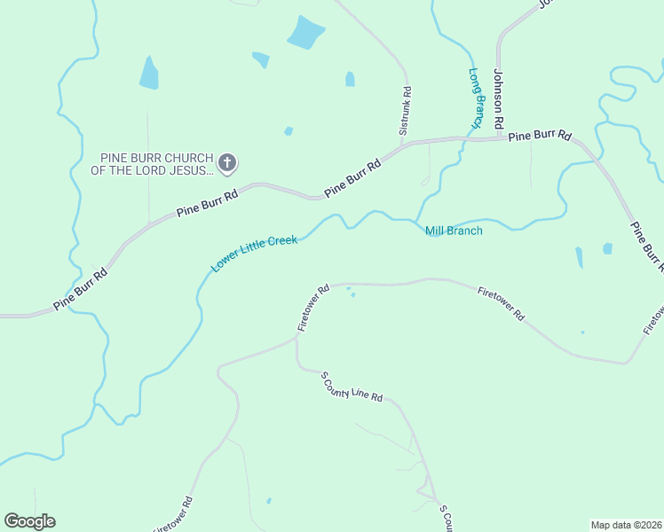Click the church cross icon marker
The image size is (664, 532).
227,162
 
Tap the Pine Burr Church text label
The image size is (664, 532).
156,163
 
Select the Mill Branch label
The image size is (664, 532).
454,231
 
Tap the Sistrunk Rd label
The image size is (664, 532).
406,115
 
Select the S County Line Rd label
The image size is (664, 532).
352,387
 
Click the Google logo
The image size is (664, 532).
29,521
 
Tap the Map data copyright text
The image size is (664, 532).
626,524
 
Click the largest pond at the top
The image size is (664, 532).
305,34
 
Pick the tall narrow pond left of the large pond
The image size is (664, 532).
149,74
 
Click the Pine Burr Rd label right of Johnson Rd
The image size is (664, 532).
539,136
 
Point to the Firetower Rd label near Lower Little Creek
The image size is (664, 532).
313,308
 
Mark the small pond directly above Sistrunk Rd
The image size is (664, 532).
350,79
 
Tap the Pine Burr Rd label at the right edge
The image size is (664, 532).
646,244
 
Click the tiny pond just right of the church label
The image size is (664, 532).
289,131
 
